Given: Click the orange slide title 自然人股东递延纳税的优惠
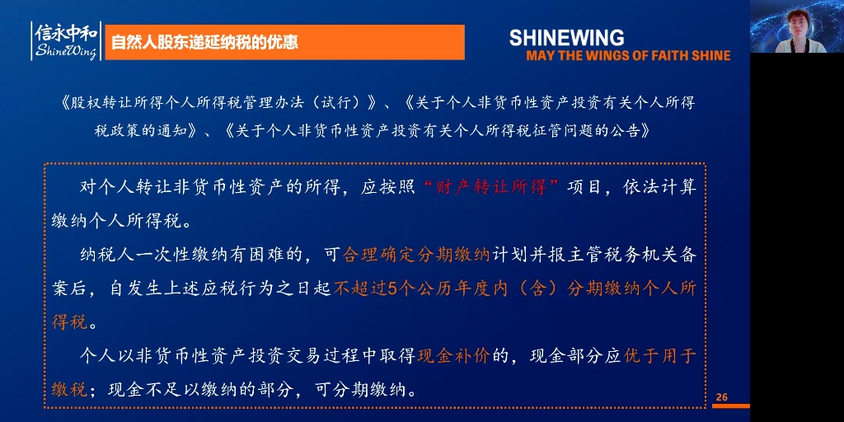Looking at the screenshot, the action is point(205,42).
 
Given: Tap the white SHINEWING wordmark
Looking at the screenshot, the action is point(566,38).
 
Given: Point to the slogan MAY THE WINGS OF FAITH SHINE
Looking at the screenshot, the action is point(628,55).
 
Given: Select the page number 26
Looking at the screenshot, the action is point(722,397).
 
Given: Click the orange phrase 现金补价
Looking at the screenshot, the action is point(453,356).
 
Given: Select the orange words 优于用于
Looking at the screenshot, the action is point(660,356).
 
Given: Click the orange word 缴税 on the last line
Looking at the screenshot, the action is point(69,389).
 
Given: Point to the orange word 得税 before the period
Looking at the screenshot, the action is point(69,322).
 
